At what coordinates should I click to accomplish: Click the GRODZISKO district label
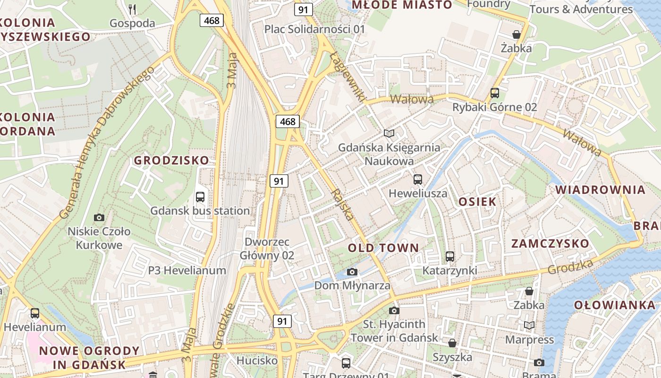point(171,160)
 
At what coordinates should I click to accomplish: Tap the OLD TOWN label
point(383,248)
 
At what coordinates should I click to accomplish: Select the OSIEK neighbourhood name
point(477,202)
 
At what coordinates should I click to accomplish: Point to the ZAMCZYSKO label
point(551,243)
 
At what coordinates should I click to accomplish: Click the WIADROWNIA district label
point(600,190)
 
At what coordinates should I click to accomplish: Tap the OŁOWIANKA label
point(615,305)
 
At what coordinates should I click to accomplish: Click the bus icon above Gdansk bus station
point(200,197)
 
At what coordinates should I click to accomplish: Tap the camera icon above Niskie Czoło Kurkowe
point(99,217)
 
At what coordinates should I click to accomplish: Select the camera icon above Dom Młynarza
point(352,272)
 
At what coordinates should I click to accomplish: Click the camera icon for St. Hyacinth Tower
point(394,310)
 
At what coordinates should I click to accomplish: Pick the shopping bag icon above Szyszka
point(452,343)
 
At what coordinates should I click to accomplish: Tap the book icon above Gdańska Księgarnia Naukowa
point(389,134)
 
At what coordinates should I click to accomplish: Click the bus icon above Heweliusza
point(418,179)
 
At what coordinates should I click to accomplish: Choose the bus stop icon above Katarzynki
point(450,257)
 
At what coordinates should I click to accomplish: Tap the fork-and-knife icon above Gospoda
point(132,9)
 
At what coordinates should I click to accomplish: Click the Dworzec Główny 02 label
point(267,249)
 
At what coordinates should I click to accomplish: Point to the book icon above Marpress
point(529,326)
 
